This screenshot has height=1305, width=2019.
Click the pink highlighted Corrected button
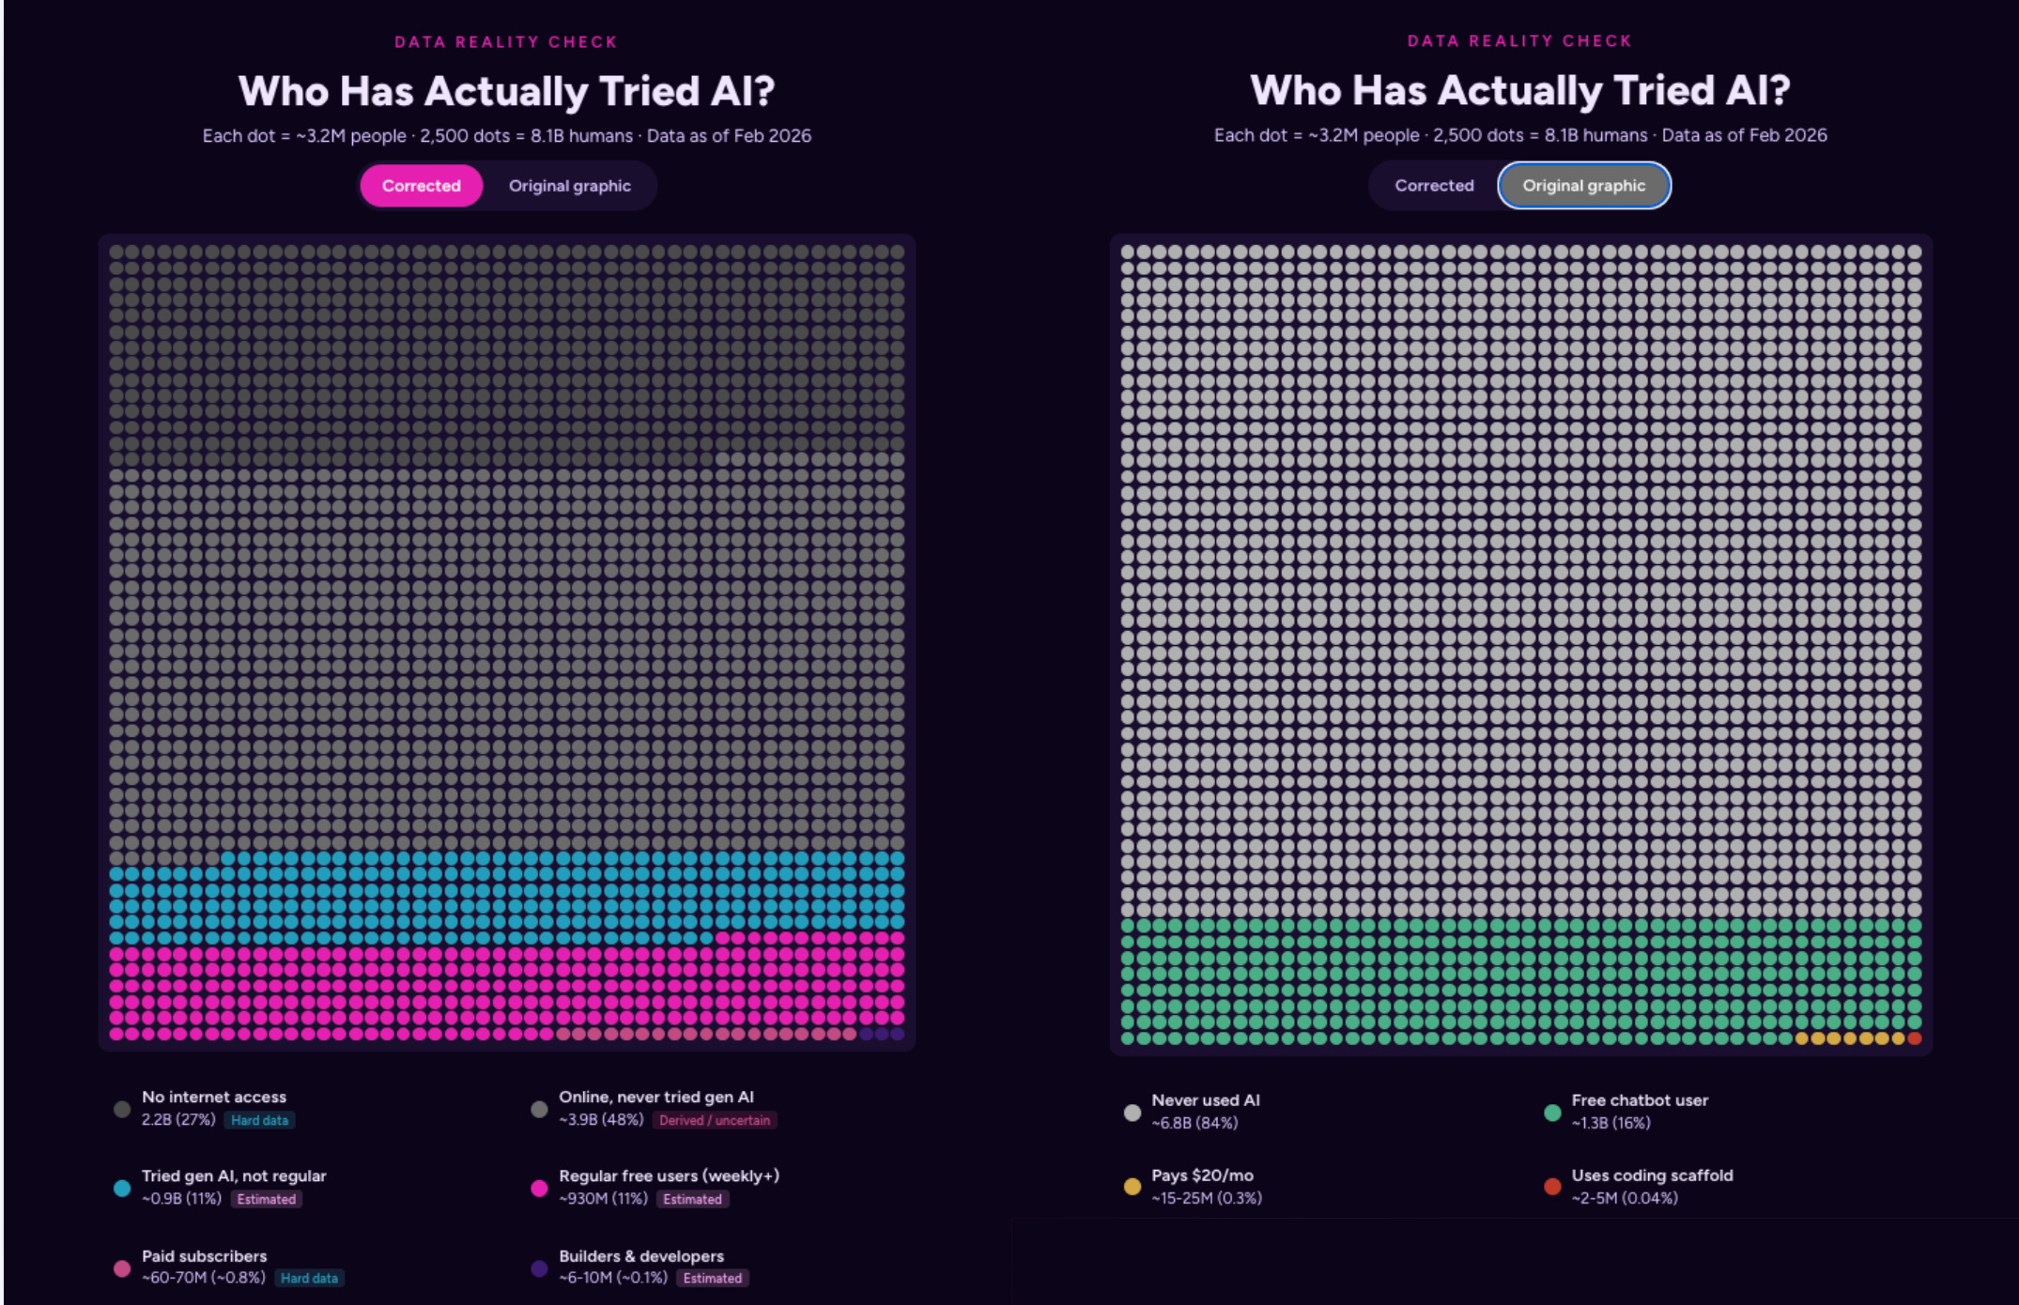421,186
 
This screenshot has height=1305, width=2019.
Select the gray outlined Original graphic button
1583,186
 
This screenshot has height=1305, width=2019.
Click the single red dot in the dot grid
1914,1038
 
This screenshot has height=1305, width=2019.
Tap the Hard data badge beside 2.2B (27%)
260,1120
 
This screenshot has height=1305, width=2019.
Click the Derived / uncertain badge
715,1120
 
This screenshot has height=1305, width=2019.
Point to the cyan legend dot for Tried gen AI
122,1188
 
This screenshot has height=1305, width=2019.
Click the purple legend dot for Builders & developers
539,1268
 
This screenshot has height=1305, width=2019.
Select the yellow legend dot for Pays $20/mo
1133,1187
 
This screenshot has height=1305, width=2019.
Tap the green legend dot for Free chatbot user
1552,1113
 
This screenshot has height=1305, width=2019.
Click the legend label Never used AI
1206,1100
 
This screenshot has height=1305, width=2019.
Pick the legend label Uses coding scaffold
1652,1175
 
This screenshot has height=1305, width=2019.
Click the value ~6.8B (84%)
1194,1123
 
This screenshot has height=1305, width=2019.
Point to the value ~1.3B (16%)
1611,1123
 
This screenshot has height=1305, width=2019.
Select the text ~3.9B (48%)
601,1120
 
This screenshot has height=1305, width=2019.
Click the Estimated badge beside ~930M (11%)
693,1199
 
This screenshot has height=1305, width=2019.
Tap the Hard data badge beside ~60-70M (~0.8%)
310,1278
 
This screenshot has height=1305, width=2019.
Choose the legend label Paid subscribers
204,1256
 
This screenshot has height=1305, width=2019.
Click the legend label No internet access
214,1097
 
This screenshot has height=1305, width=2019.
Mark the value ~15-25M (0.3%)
1207,1198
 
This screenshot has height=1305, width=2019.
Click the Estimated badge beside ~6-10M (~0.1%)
713,1278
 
